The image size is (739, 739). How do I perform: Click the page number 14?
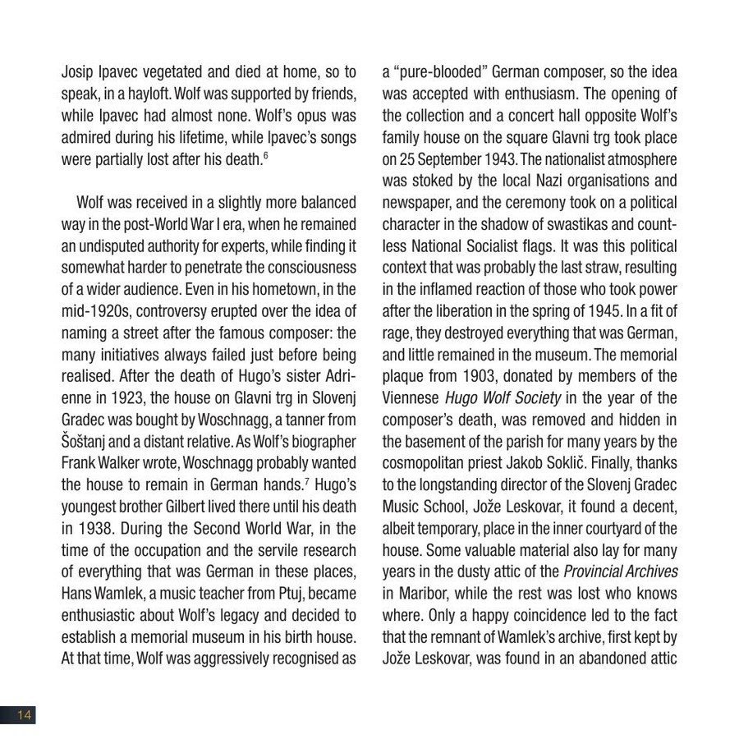[x=23, y=715]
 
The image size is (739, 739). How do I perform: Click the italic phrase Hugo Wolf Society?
[x=503, y=398]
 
